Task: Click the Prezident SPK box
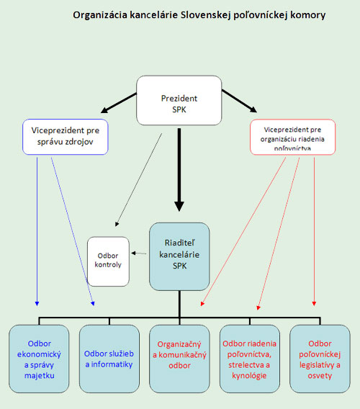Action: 179,100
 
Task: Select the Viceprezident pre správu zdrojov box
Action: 66,137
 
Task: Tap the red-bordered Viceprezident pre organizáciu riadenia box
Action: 293,138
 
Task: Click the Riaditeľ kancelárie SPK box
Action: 179,256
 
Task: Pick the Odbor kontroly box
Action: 108,261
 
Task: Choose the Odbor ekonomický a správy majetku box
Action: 39,359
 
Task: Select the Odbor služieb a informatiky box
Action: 109,359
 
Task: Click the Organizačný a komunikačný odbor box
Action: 179,359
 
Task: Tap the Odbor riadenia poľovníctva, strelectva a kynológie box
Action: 250,359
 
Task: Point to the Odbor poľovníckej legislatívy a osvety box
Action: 320,359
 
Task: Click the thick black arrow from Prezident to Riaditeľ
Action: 179,169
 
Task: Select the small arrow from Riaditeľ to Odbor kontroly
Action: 139,253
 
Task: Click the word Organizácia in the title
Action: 100,15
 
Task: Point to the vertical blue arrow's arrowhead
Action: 37,304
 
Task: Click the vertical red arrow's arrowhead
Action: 314,304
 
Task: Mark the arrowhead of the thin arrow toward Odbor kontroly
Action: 117,225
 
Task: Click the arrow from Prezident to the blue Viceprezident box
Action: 119,103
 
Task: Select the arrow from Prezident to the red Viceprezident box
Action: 240,102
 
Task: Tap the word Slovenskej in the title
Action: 206,15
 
